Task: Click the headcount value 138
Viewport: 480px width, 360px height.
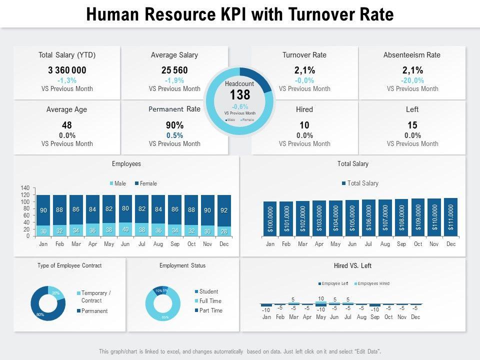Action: pyautogui.click(x=240, y=95)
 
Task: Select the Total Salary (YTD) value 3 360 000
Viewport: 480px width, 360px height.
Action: pyautogui.click(x=67, y=70)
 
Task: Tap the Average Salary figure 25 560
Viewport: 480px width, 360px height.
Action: pyautogui.click(x=174, y=70)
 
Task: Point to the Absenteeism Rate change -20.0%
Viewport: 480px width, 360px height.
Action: pyautogui.click(x=412, y=80)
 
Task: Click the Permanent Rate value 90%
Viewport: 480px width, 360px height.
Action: pyautogui.click(x=174, y=125)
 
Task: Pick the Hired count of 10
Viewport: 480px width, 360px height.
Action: pyautogui.click(x=304, y=125)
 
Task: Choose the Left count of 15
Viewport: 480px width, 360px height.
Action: pyautogui.click(x=412, y=125)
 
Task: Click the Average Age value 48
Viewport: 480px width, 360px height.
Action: pyautogui.click(x=67, y=125)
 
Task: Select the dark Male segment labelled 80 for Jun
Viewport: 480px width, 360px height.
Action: pyautogui.click(x=125, y=208)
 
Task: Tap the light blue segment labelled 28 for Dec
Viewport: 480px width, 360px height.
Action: pyautogui.click(x=224, y=231)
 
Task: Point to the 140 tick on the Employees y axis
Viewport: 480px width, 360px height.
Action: pyautogui.click(x=25, y=188)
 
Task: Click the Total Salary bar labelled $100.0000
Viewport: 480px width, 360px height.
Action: pyautogui.click(x=270, y=219)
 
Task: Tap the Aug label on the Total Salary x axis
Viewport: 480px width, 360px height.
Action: pyautogui.click(x=385, y=244)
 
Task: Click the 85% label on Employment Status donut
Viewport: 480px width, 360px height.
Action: pyautogui.click(x=164, y=317)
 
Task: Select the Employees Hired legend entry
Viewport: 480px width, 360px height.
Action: pyautogui.click(x=372, y=283)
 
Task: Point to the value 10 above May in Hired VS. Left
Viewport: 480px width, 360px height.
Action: pyautogui.click(x=321, y=298)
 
